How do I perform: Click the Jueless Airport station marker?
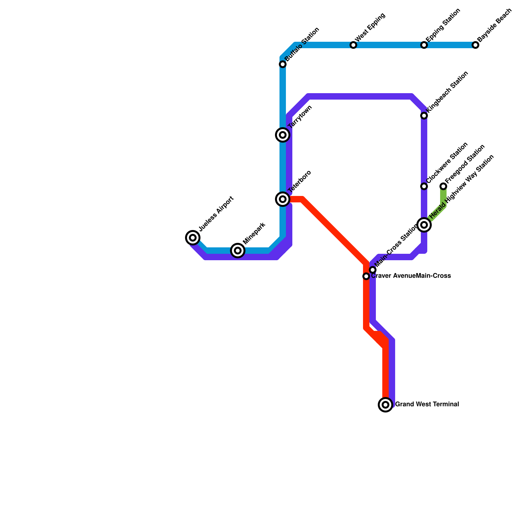(x=193, y=238)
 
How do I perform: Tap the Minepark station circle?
(x=238, y=251)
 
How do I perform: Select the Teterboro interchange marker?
(x=283, y=199)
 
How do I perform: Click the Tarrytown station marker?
(x=283, y=135)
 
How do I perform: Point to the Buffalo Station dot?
(x=283, y=64)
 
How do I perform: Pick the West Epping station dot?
(x=353, y=45)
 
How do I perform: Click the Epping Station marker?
(x=424, y=45)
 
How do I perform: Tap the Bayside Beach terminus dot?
(x=475, y=45)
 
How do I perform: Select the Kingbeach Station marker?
(x=424, y=116)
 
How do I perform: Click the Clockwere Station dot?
(x=424, y=186)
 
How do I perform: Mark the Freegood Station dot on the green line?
(x=443, y=186)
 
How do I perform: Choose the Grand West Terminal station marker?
(x=385, y=404)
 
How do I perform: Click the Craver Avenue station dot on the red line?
(x=366, y=276)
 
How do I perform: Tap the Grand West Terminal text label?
(x=427, y=404)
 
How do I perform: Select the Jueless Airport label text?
(x=216, y=214)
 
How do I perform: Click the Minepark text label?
(x=254, y=234)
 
